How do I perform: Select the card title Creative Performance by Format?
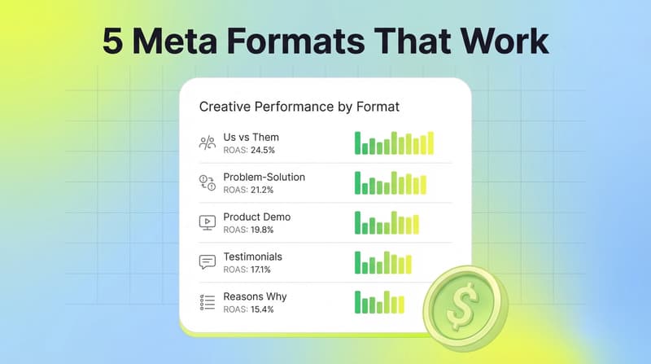coord(299,107)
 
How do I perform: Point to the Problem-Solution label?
coord(264,177)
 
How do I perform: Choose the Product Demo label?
coord(256,217)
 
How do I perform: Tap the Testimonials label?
coord(252,257)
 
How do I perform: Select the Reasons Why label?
coord(255,296)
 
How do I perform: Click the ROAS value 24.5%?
coord(264,150)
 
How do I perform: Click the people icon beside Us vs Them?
coord(207,143)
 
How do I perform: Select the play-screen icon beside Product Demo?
coord(207,222)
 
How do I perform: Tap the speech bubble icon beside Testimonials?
coord(207,262)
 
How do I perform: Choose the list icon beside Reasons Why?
coord(207,302)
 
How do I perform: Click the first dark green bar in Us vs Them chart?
coord(357,143)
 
